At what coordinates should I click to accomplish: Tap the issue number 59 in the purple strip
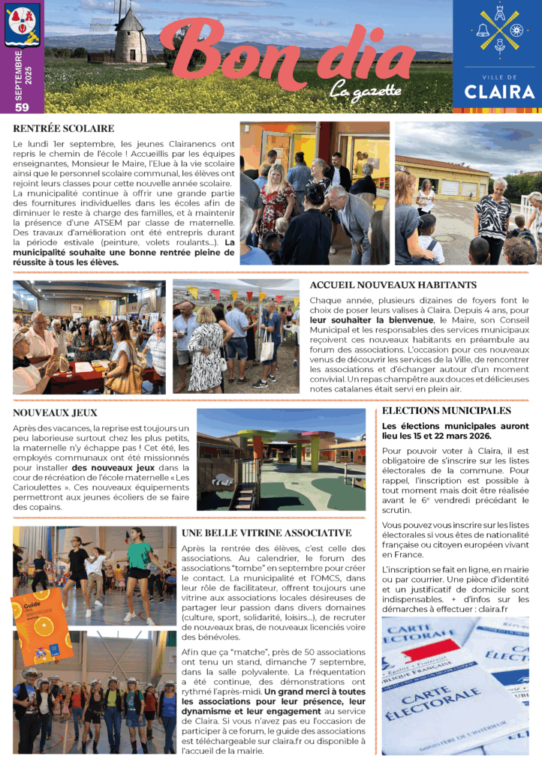pos(22,107)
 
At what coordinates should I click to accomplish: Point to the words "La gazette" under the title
pos(366,91)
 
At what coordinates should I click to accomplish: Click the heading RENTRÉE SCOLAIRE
pos(64,129)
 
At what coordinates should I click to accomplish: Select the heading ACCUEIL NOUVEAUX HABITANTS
pos(393,285)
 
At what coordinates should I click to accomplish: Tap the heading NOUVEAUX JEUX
pos(55,412)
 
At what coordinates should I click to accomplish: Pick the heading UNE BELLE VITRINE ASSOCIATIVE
pos(266,532)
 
